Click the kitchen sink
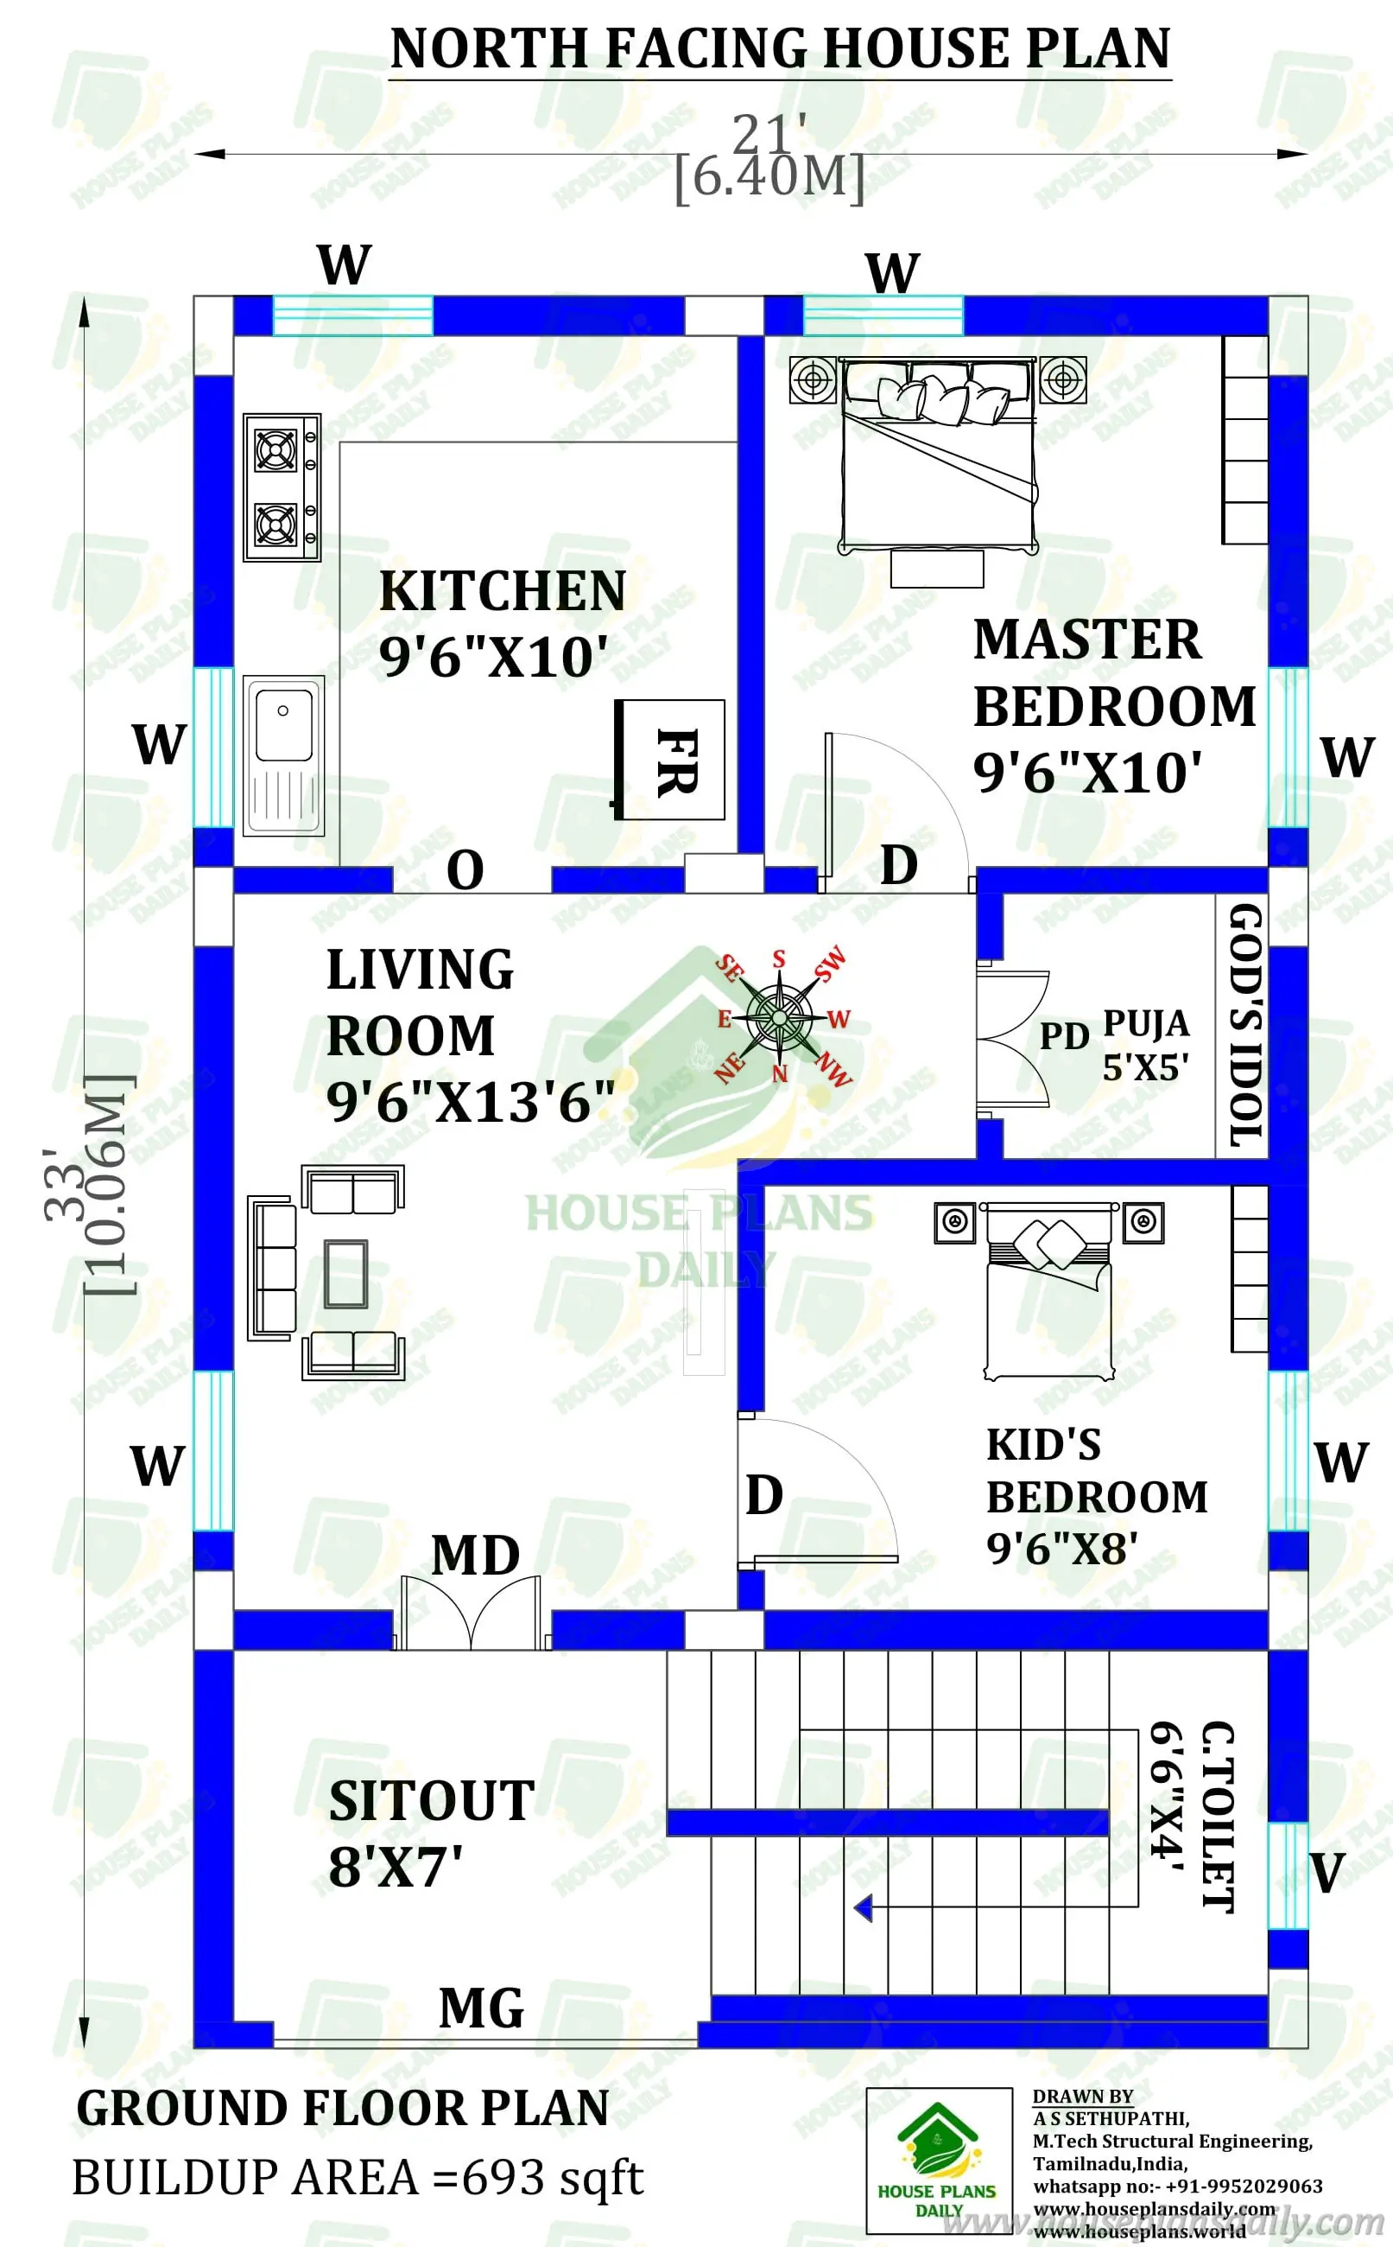tap(284, 754)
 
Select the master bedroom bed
tap(938, 455)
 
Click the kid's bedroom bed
tap(1048, 1289)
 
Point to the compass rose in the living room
tap(780, 1017)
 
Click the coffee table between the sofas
tap(345, 1274)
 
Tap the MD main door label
tap(475, 1556)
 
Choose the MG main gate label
tap(481, 2008)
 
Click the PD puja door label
tap(1064, 1037)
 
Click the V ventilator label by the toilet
tap(1327, 1873)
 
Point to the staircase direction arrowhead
tap(864, 1908)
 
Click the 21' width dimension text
tap(769, 135)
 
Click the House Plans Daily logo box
tap(938, 2160)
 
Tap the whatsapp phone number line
tap(1177, 2186)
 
